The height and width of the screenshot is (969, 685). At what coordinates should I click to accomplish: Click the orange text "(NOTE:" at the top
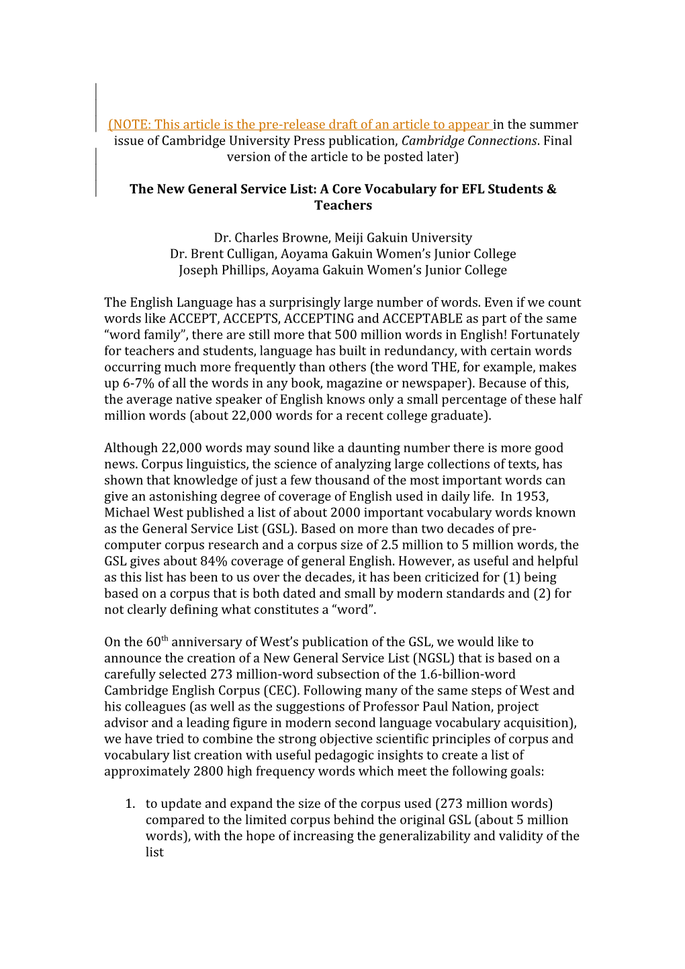[x=130, y=125]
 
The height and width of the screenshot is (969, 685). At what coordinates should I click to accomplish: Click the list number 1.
[x=130, y=804]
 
